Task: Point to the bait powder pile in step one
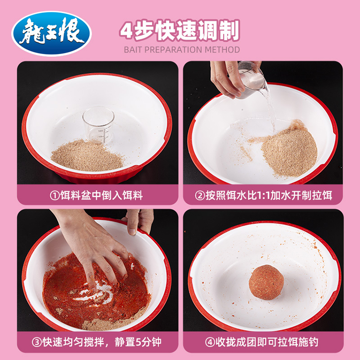coord(86,155)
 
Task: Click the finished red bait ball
coord(266,282)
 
